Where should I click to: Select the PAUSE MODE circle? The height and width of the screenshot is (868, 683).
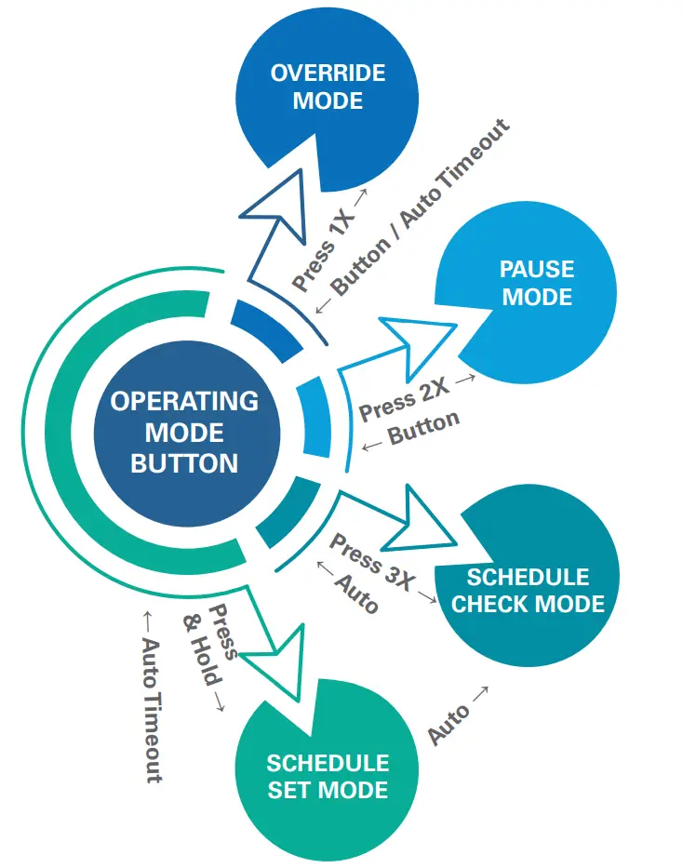pyautogui.click(x=537, y=284)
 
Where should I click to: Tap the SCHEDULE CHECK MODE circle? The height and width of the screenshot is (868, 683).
pyautogui.click(x=528, y=588)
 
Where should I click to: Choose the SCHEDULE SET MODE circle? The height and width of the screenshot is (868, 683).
pyautogui.click(x=328, y=775)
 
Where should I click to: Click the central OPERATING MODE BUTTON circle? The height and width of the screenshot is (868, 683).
pyautogui.click(x=185, y=432)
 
